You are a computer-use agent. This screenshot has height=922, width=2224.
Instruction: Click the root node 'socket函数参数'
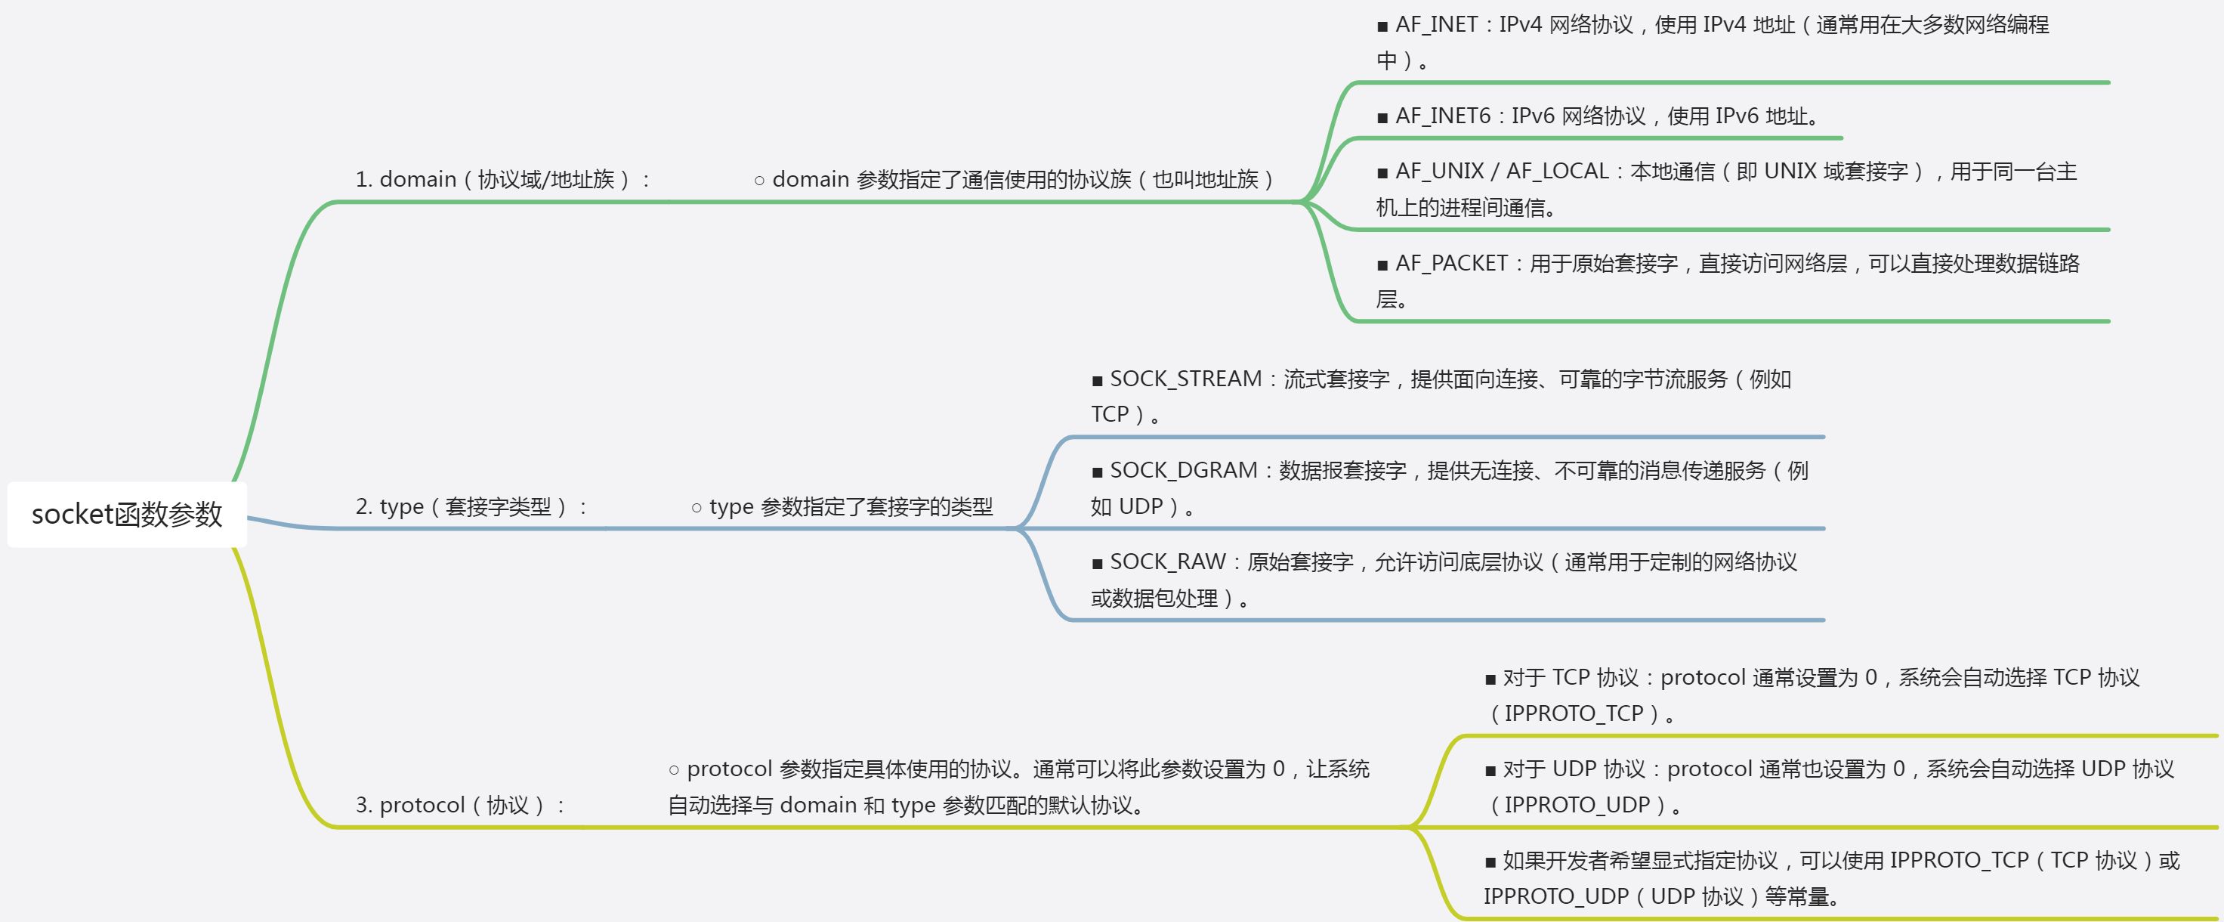click(x=127, y=515)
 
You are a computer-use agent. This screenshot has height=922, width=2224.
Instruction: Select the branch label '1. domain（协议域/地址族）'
click(x=501, y=180)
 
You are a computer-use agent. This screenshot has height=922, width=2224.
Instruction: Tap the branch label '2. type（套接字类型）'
click(x=470, y=507)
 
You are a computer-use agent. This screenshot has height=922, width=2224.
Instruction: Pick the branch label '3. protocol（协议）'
click(x=459, y=806)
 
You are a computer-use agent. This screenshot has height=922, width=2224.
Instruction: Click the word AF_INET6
click(x=1443, y=116)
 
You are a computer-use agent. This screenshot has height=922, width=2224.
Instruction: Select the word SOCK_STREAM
click(x=1185, y=379)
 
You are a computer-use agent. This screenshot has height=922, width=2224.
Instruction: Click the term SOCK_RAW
click(x=1167, y=562)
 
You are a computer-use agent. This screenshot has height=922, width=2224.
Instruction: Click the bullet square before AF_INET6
click(x=1383, y=118)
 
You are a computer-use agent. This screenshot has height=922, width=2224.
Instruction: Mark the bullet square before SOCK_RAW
click(x=1098, y=565)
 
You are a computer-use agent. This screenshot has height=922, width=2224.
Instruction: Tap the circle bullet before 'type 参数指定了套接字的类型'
click(x=697, y=509)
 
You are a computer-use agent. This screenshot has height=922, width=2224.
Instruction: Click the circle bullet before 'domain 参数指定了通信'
click(x=760, y=181)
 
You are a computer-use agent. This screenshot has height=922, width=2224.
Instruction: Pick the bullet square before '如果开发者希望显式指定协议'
click(x=1490, y=862)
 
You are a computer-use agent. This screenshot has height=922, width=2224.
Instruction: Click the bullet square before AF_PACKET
click(x=1383, y=266)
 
